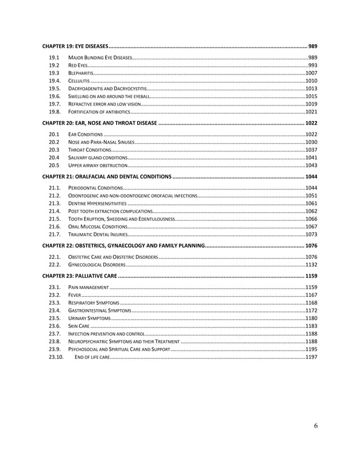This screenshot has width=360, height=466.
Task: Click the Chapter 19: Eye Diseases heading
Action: (76, 45)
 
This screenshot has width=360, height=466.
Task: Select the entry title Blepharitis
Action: (80, 73)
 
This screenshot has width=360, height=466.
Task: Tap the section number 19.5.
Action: (55, 89)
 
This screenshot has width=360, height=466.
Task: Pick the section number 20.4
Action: (54, 157)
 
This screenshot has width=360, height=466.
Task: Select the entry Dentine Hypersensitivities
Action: (97, 203)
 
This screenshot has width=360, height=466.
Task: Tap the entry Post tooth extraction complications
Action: (109, 211)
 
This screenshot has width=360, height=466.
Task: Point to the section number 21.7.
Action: (55, 234)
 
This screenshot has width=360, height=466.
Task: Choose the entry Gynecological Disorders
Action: (96, 265)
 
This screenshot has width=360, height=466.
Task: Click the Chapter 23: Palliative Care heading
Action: (82, 276)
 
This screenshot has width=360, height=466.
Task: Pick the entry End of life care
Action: (89, 357)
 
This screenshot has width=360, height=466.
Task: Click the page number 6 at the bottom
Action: (315, 426)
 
